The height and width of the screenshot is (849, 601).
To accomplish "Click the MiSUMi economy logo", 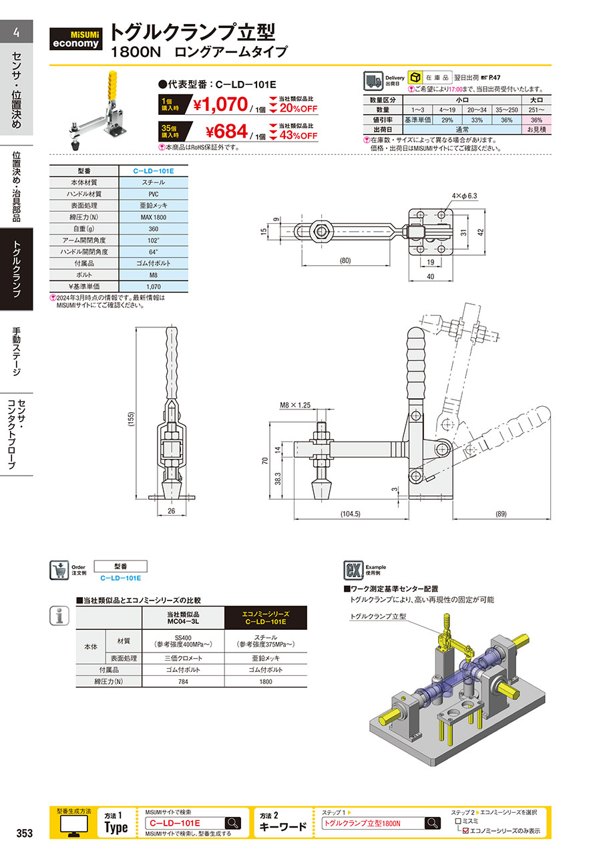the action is tap(75, 39).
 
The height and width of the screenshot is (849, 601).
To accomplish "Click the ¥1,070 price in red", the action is tap(220, 104).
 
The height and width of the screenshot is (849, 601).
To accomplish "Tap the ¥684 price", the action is tap(226, 132).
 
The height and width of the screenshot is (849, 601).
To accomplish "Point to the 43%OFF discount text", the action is tap(298, 136).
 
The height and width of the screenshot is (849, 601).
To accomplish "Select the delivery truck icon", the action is tap(373, 81).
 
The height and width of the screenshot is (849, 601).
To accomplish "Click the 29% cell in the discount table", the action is tap(447, 120).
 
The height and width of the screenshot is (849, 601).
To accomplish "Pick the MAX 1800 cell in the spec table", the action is tap(154, 217).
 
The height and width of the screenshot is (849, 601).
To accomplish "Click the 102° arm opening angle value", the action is tap(154, 240).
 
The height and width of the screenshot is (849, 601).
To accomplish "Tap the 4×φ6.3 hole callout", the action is tap(465, 196).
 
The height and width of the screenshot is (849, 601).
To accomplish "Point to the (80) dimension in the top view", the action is tap(345, 261).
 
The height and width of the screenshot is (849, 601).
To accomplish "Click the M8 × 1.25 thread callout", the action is tap(294, 405).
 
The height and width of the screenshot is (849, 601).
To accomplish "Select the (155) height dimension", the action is tap(131, 419).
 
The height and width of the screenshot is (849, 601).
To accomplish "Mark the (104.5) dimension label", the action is tap(351, 514).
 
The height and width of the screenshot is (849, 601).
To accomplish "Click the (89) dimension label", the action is tap(501, 514).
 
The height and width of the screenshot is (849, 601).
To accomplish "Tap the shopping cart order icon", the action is tap(59, 570).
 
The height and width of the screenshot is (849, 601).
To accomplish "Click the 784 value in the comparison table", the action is tap(183, 681).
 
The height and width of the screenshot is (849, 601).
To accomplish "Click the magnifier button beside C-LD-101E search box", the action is tap(233, 823).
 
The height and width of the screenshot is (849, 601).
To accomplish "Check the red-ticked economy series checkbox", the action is tap(465, 830).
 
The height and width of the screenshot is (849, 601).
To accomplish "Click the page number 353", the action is tap(25, 833).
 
